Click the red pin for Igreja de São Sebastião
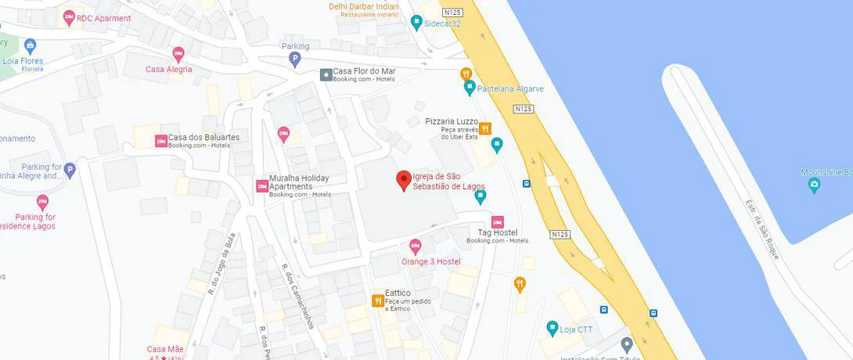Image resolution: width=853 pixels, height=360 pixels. point(404,180)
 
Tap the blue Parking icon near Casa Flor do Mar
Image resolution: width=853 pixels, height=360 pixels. point(295,59)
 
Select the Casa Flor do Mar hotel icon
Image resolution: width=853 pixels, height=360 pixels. point(326,74)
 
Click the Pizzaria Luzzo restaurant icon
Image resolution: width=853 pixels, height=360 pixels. point(485,128)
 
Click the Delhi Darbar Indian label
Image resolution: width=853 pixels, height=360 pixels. point(364,7)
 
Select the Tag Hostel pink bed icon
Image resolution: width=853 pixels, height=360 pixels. point(497,221)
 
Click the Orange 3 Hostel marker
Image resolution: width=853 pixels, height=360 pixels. point(416,247)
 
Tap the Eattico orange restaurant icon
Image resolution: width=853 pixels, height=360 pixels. point(377,301)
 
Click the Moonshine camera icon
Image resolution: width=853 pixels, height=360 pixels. point(814,185)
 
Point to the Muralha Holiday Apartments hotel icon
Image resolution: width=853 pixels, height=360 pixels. point(262,186)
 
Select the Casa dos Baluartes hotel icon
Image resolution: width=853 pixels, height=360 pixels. point(160,141)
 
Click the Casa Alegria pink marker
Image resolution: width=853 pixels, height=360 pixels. point(178,55)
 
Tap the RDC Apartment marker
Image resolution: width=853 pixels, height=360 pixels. point(69,17)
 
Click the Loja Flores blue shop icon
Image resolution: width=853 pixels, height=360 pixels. point(31,45)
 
